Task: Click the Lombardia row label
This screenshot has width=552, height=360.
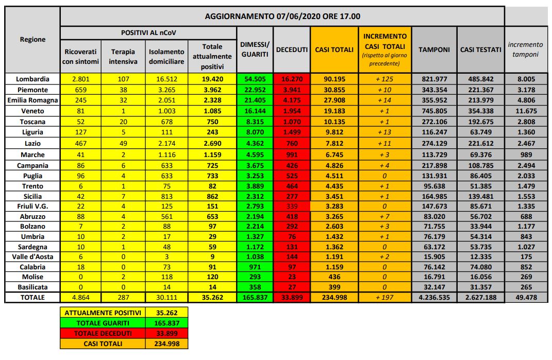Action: [32, 79]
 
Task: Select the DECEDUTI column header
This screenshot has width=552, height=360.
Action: [292, 50]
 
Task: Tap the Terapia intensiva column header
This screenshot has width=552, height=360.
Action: [123, 56]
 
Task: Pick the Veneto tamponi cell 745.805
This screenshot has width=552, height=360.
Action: [433, 111]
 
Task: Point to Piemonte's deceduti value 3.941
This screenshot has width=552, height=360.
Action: [292, 90]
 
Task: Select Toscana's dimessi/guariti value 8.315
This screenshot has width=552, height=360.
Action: [255, 122]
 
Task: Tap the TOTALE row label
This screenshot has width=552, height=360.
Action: [32, 297]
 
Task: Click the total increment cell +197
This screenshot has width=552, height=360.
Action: [386, 297]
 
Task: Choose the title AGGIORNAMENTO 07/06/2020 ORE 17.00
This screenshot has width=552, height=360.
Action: [282, 16]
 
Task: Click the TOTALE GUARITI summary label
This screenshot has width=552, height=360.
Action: [103, 323]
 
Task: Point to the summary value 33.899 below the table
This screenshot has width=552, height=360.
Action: [167, 333]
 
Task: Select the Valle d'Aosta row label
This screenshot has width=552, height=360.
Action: [32, 256]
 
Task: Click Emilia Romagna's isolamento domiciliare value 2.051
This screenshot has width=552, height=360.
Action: [166, 100]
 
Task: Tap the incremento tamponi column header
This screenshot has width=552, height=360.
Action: [525, 49]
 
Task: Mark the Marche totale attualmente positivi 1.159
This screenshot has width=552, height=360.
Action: [212, 155]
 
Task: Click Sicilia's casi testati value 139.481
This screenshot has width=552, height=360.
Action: [480, 196]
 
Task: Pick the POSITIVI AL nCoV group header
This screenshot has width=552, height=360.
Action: [148, 32]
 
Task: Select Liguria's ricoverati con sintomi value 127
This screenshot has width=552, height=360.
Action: [79, 132]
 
